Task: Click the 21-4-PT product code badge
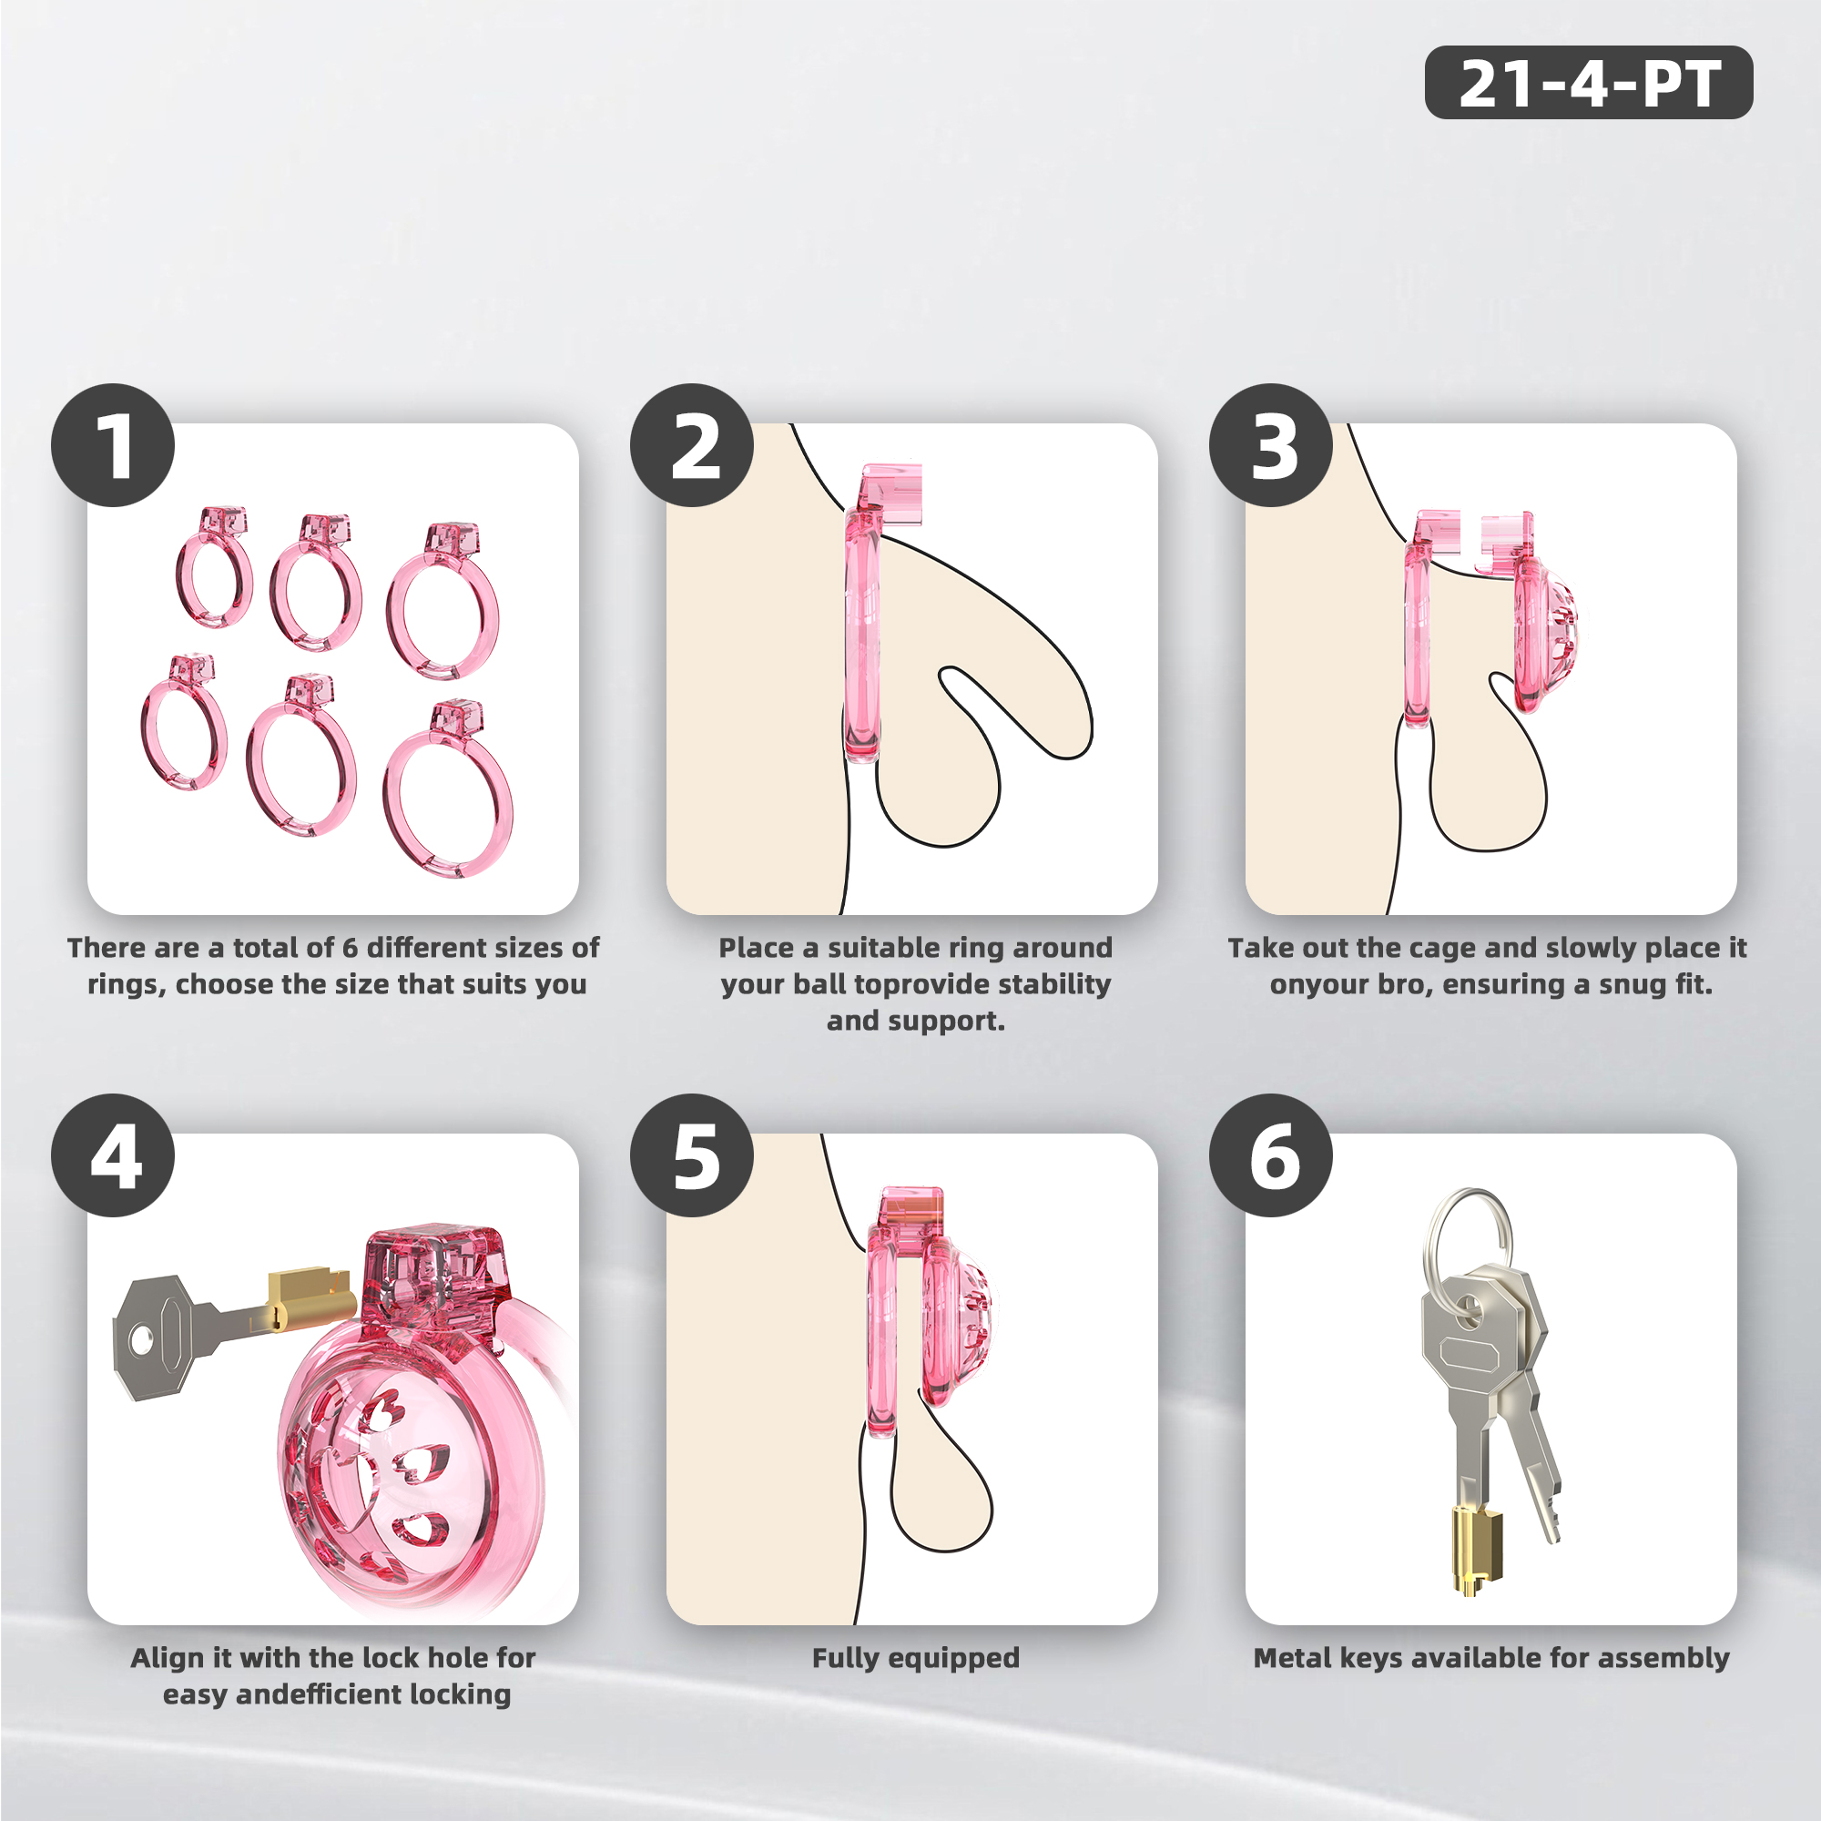[x=1588, y=82]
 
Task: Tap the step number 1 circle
[x=113, y=445]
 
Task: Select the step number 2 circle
[x=692, y=445]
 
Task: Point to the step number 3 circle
[x=1270, y=445]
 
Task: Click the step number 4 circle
[x=113, y=1155]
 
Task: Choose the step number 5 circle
[x=692, y=1155]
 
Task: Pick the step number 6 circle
[x=1270, y=1155]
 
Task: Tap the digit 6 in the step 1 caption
[x=350, y=947]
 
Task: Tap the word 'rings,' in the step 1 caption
[x=127, y=986]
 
